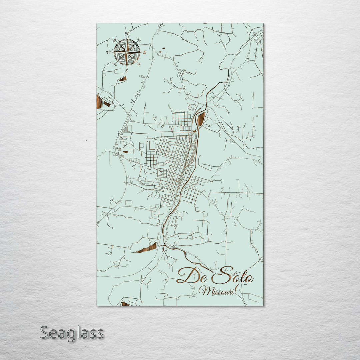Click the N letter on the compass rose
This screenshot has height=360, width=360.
(127, 34)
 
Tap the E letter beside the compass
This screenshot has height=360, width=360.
(144, 52)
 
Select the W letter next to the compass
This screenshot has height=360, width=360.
(108, 52)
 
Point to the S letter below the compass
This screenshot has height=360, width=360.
(126, 71)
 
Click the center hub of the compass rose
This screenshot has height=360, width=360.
(127, 52)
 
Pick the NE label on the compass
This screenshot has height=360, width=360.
(139, 40)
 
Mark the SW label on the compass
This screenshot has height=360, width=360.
(115, 64)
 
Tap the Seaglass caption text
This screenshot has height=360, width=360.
(72, 333)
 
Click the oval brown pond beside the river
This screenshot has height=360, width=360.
(201, 119)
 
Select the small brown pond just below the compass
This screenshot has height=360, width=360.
(123, 79)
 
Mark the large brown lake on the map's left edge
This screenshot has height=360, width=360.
(99, 102)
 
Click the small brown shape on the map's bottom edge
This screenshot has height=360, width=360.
(125, 304)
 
